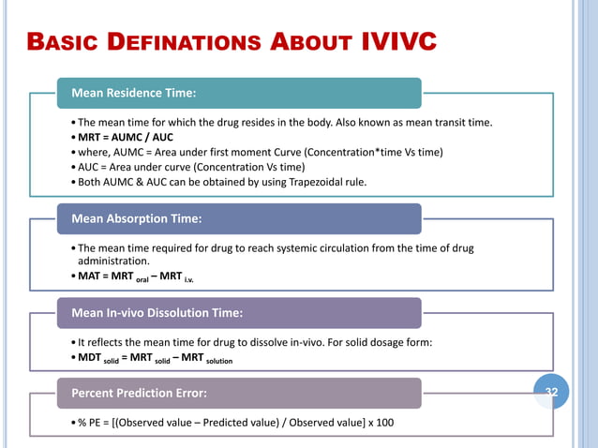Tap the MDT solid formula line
pyautogui.click(x=154, y=359)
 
